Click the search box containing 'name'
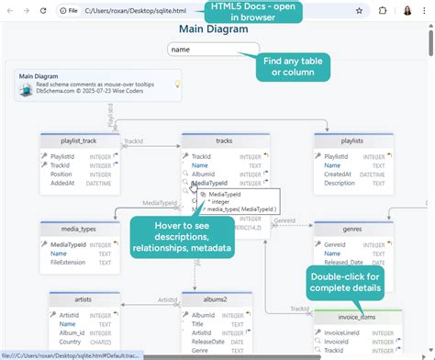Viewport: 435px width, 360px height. (x=213, y=49)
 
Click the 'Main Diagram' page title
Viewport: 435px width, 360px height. (x=215, y=28)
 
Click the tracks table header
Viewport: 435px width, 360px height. (x=224, y=141)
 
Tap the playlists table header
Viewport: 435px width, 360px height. (x=352, y=141)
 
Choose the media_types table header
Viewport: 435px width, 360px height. (x=79, y=228)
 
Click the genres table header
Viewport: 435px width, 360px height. (x=353, y=228)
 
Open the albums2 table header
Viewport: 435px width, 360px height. (x=217, y=299)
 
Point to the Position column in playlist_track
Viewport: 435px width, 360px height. (x=61, y=174)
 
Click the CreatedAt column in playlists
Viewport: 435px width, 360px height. (x=339, y=174)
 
